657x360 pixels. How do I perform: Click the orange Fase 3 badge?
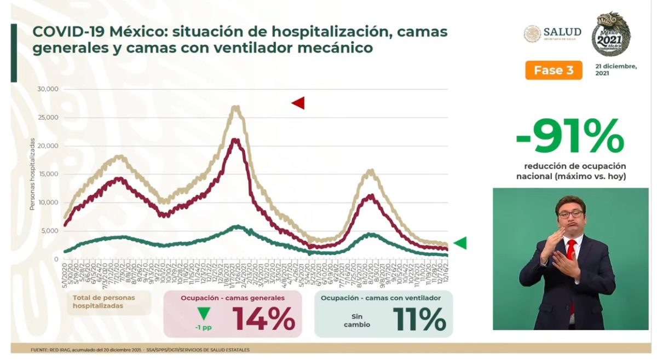tap(554, 70)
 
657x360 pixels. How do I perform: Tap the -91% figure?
tap(569, 136)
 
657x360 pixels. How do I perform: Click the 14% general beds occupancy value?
tap(264, 318)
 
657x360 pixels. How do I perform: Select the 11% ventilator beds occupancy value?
tap(419, 318)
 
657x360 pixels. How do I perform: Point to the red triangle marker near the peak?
tap(298, 103)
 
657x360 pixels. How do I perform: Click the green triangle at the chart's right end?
tap(460, 243)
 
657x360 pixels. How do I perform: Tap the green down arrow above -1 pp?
tap(204, 314)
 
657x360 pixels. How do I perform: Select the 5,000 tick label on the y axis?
tap(50, 231)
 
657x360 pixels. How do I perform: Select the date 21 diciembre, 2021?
tap(616, 69)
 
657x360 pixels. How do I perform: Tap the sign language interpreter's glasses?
tap(570, 214)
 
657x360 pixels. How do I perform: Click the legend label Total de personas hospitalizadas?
tap(103, 302)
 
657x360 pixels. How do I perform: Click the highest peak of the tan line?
tap(235, 107)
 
